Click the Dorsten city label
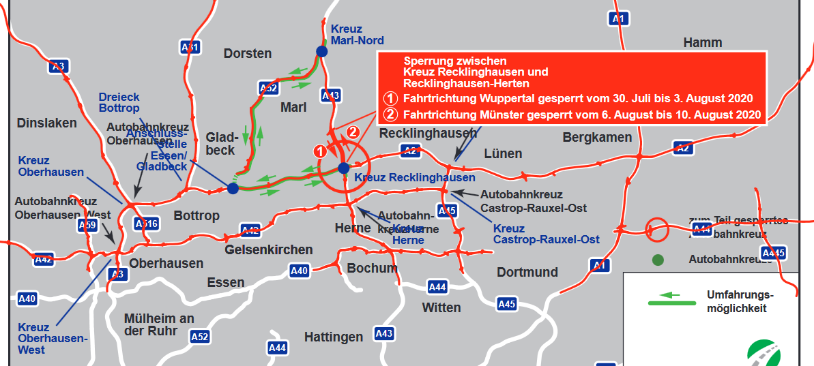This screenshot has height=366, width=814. [x=247, y=53]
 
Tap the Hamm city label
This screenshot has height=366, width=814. [x=702, y=43]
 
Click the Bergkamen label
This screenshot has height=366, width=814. [x=597, y=138]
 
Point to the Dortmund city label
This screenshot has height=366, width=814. [x=527, y=273]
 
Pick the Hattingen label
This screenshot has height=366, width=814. [x=333, y=337]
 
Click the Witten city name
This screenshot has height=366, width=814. [x=441, y=307]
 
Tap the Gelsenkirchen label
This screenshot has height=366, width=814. [x=269, y=249]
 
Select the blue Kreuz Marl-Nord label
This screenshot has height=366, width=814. [x=357, y=35]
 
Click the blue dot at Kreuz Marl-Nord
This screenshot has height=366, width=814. [x=321, y=51]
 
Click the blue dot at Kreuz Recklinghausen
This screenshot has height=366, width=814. [x=343, y=168]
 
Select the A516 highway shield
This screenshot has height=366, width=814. [x=146, y=223]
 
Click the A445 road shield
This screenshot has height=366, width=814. [x=773, y=254]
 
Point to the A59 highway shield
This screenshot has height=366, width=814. [x=87, y=225]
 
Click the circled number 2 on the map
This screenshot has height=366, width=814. [x=353, y=132]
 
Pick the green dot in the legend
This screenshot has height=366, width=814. [x=657, y=260]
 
